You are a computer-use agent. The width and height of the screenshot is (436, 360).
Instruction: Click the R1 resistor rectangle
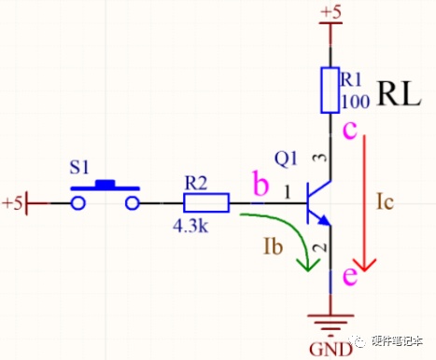tap(330, 90)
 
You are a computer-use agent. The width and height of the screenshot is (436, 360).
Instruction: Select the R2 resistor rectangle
tap(206, 202)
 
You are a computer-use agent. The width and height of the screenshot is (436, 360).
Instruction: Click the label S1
tap(79, 167)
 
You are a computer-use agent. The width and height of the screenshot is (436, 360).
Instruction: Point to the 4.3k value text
tap(190, 227)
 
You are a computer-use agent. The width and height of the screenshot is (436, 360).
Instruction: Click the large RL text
tap(400, 93)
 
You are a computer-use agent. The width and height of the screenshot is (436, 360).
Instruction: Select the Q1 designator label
tap(286, 159)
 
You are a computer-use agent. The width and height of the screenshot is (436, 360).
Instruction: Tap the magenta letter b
tap(260, 184)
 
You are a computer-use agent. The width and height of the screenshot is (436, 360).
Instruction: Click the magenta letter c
tap(350, 131)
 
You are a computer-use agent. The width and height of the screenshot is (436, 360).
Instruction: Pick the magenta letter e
tap(350, 275)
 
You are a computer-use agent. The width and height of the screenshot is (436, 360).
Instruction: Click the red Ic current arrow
tap(364, 202)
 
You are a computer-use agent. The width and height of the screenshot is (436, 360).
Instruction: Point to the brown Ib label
tap(274, 246)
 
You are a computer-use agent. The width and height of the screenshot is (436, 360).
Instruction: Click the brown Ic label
tap(385, 201)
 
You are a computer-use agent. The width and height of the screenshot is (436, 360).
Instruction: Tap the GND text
tap(331, 350)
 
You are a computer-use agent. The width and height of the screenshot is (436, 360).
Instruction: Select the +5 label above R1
tap(331, 12)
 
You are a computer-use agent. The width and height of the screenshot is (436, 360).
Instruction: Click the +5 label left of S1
tap(12, 203)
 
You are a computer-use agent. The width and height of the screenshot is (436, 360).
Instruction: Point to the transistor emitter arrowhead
tap(324, 220)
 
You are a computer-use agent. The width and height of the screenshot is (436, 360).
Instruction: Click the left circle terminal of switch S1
tap(77, 203)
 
